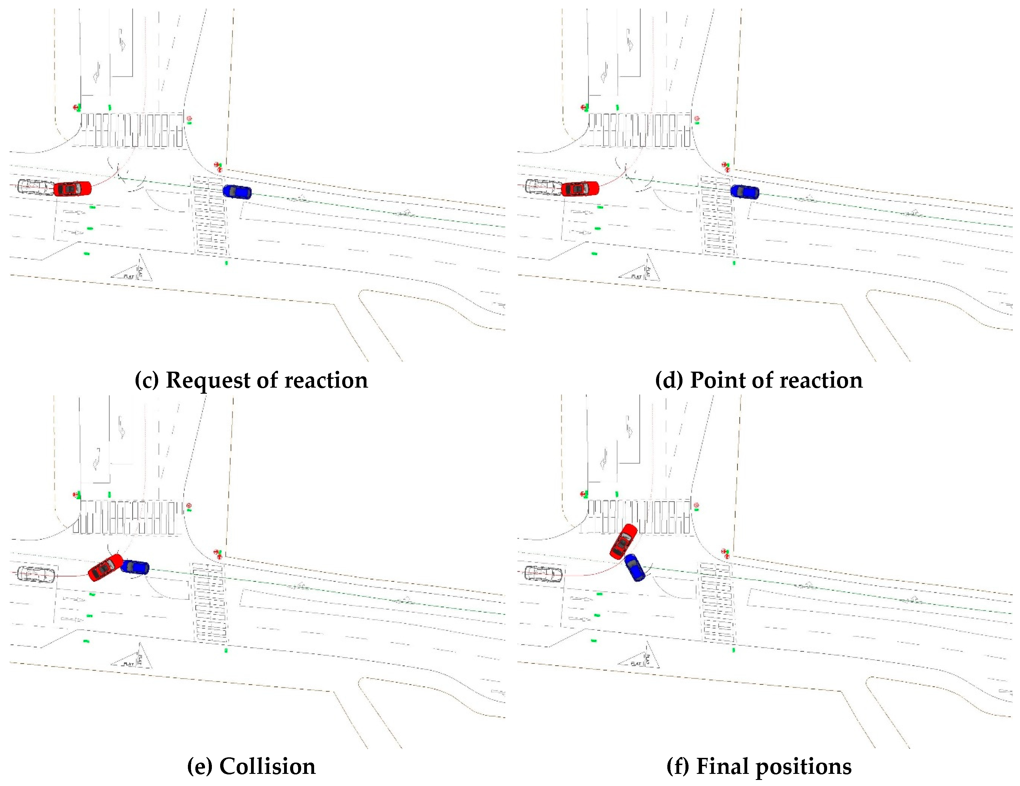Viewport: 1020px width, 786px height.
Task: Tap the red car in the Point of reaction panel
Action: tap(580, 188)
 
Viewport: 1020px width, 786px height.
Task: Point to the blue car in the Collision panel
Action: tap(135, 567)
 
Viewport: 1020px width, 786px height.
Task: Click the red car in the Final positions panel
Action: tap(624, 541)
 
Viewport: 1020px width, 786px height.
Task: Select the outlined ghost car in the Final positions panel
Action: tap(543, 574)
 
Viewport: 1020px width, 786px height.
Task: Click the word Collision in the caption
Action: tap(267, 766)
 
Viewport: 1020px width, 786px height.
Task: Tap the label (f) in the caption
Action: tap(677, 766)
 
